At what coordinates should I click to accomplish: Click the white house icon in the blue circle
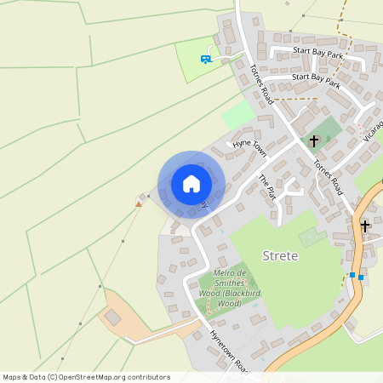pyautogui.click(x=191, y=184)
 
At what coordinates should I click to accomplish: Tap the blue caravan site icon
pyautogui.click(x=204, y=59)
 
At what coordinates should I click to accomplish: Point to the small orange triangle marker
pyautogui.click(x=139, y=203)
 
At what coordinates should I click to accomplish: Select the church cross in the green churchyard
pyautogui.click(x=314, y=140)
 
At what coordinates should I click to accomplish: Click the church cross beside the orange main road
pyautogui.click(x=365, y=226)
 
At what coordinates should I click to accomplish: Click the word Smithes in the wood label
pyautogui.click(x=231, y=283)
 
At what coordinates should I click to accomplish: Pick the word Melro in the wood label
pyautogui.click(x=221, y=273)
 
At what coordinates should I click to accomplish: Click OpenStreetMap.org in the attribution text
pyautogui.click(x=95, y=377)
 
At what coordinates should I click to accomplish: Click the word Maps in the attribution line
pyautogui.click(x=12, y=377)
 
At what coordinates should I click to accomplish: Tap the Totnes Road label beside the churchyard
pyautogui.click(x=327, y=178)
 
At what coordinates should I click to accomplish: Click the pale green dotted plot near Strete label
pyautogui.click(x=312, y=237)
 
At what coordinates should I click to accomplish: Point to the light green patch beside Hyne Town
pyautogui.click(x=238, y=116)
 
